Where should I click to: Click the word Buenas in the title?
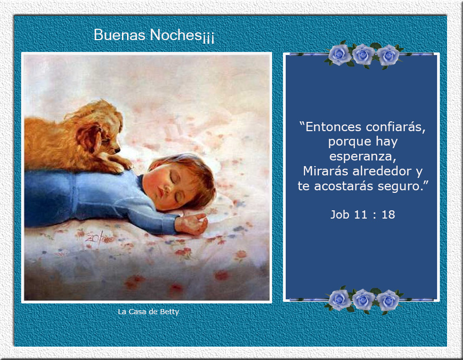(119, 35)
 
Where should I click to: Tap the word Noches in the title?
(176, 35)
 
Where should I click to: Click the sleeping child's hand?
(191, 224)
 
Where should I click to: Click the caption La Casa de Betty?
(149, 312)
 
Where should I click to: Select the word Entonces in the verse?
(333, 127)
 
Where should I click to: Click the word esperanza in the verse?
(363, 156)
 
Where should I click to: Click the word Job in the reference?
(340, 215)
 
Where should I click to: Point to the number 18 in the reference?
(388, 215)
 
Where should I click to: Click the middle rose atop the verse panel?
(364, 55)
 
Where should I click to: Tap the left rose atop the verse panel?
(340, 55)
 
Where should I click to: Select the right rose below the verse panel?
(388, 300)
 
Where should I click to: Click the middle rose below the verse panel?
(364, 299)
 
